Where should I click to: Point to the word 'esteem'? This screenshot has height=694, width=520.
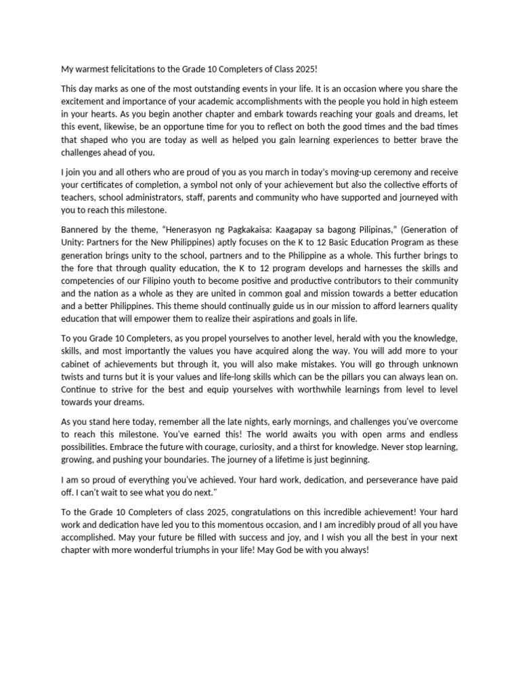tap(440, 102)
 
